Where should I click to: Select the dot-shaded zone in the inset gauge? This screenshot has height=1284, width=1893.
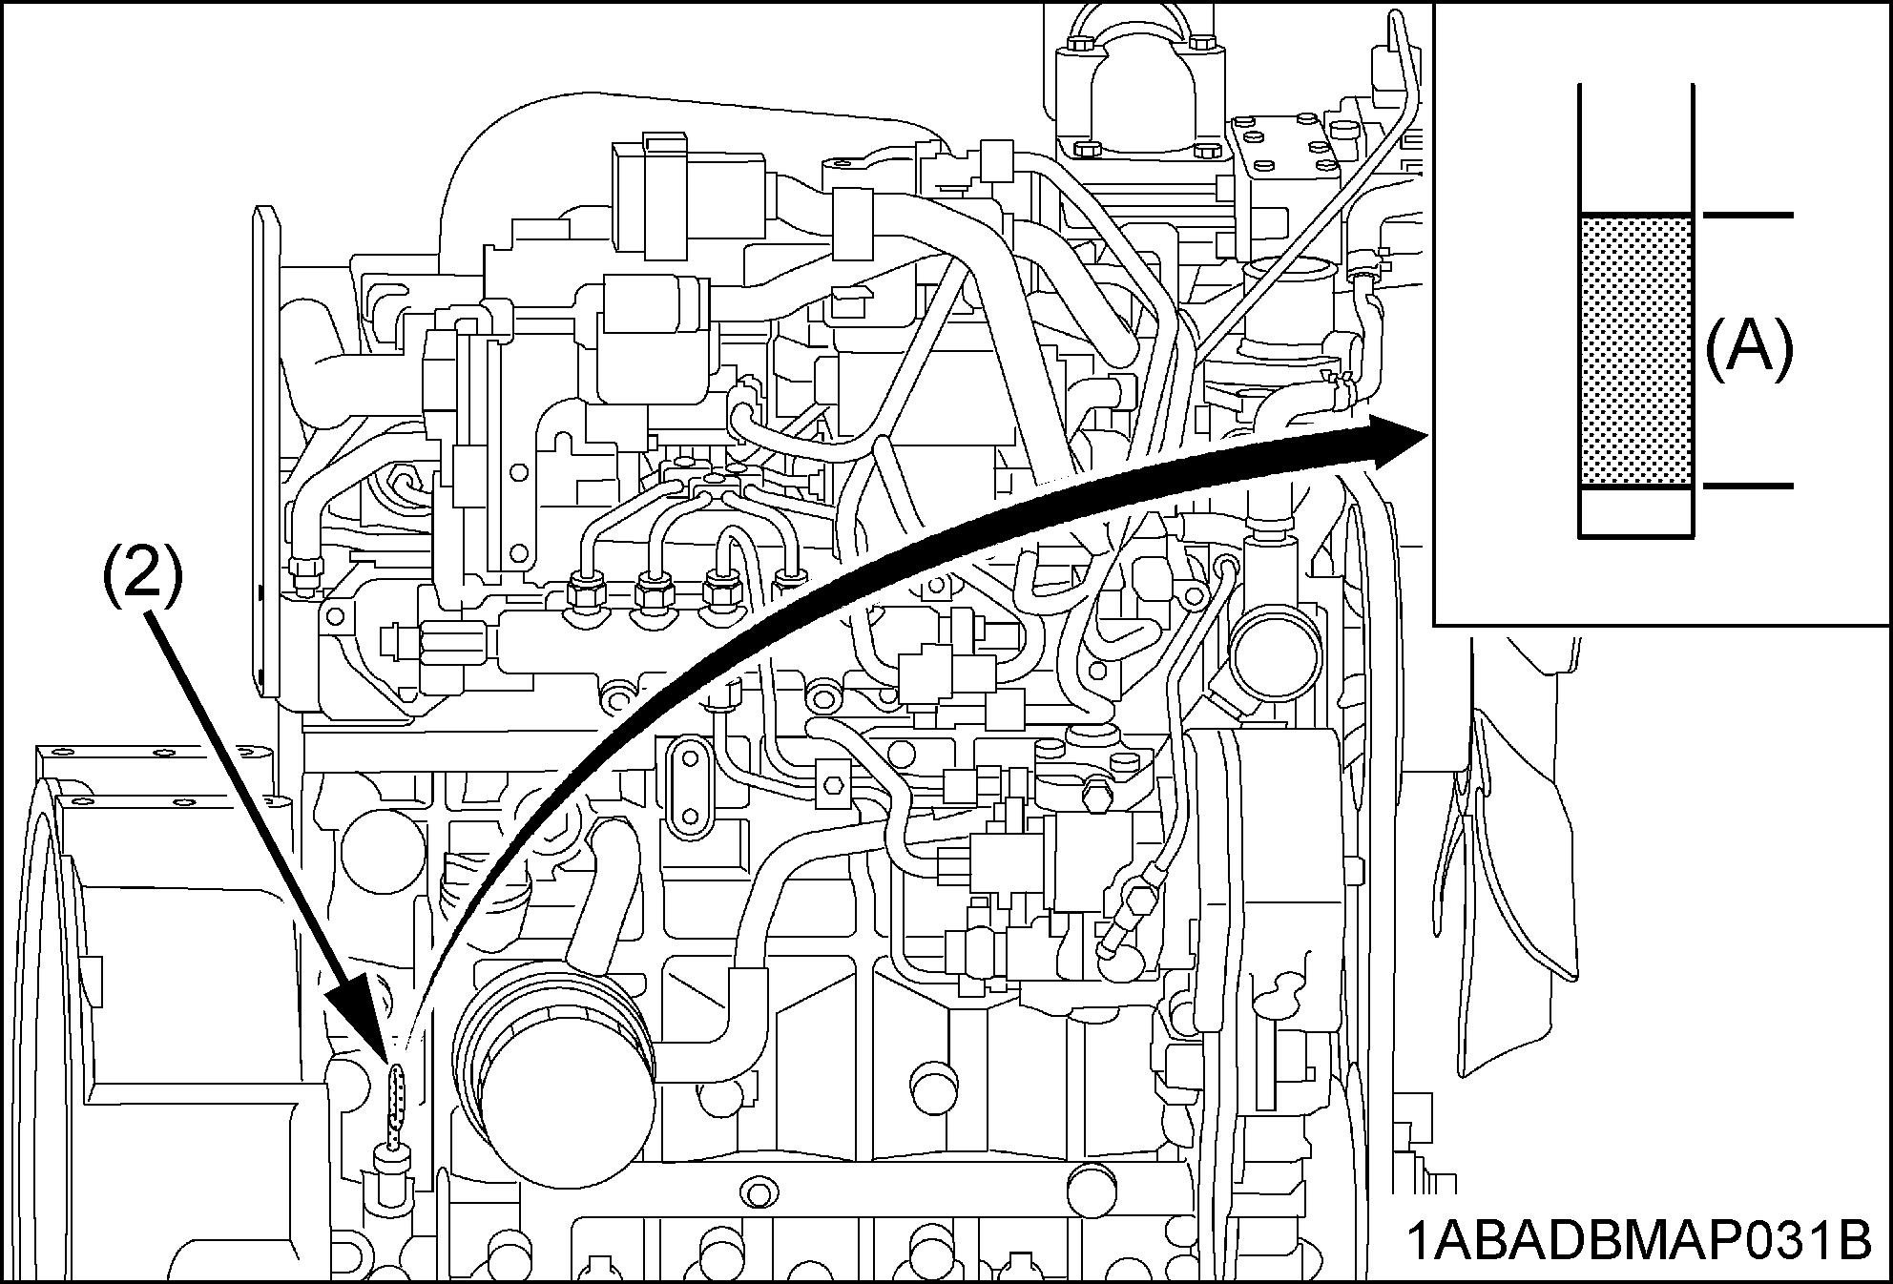pyautogui.click(x=1635, y=351)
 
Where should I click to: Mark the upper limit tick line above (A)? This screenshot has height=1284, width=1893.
pyautogui.click(x=1747, y=215)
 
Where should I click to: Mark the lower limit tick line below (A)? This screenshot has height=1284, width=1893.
pyautogui.click(x=1747, y=487)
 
